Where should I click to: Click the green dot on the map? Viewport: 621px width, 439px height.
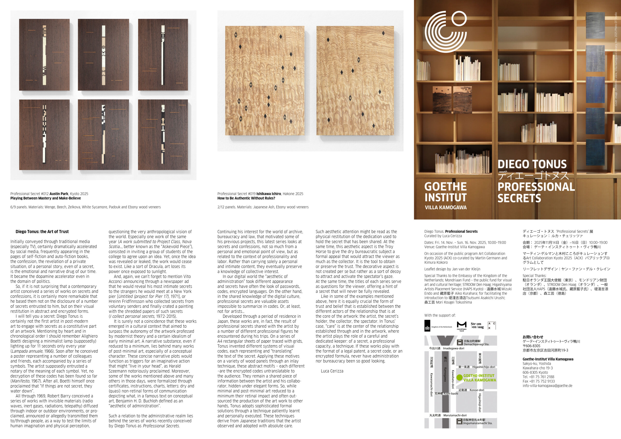(459, 378)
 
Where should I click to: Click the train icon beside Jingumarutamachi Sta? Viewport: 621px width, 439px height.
(459, 421)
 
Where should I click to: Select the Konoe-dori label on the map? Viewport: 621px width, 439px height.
(477, 390)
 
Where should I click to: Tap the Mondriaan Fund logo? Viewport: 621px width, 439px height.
(462, 326)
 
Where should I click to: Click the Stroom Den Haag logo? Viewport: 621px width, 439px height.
(477, 325)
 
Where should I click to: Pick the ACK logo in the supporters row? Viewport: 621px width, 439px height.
(492, 326)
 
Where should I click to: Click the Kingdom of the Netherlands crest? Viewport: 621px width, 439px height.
(428, 326)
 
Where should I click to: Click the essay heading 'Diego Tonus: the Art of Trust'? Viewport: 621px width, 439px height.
(42, 232)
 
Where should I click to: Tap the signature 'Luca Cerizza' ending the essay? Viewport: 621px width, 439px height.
(332, 371)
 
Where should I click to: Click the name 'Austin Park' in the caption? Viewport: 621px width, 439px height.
(59, 194)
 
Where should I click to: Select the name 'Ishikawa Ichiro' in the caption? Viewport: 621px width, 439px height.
(269, 194)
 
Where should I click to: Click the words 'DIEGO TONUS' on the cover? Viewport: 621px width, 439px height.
(532, 164)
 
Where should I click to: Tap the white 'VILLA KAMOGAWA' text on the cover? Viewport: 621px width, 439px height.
(445, 207)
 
